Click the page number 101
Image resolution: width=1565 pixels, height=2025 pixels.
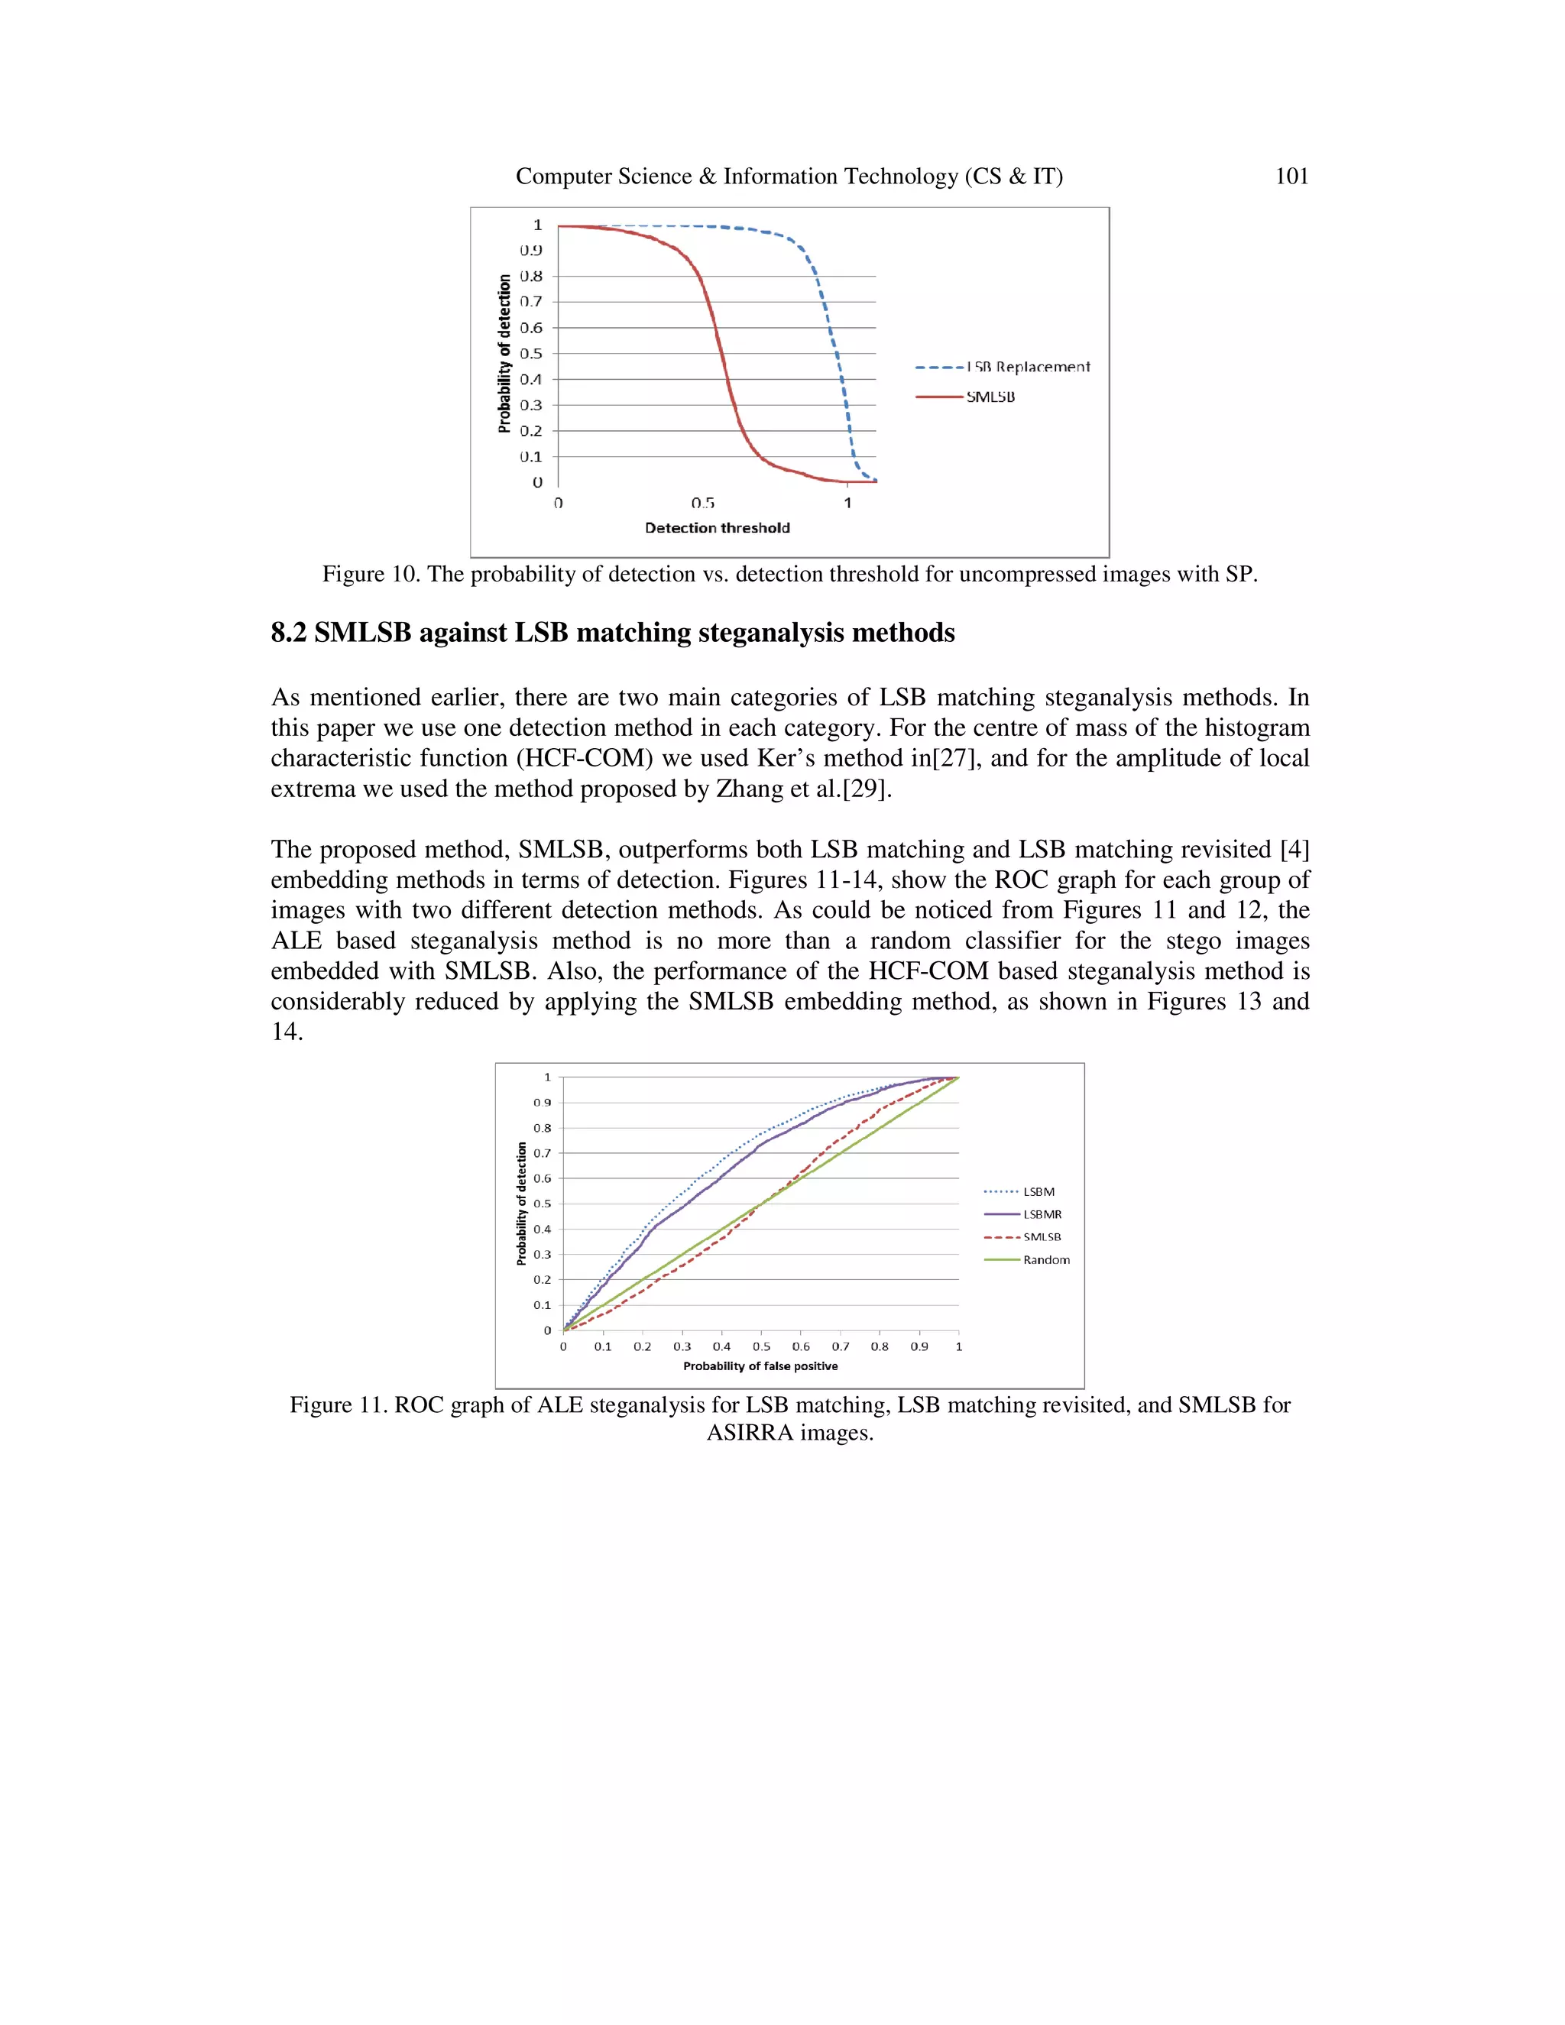click(x=1291, y=177)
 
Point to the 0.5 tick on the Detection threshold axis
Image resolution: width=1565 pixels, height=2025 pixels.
click(x=703, y=503)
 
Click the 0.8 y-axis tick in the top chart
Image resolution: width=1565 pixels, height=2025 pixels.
click(x=531, y=277)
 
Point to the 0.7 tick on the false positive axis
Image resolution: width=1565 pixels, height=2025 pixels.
click(x=840, y=1346)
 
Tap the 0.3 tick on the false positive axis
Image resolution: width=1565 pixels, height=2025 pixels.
click(x=682, y=1346)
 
